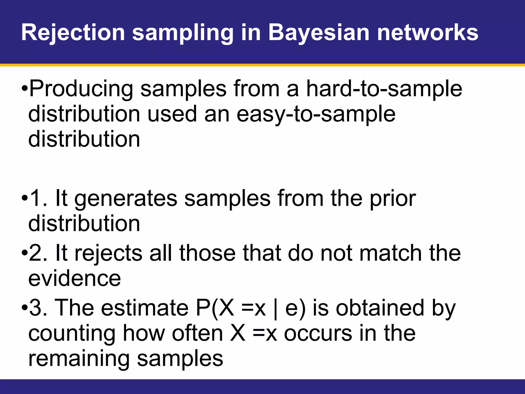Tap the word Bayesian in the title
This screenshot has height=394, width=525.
pyautogui.click(x=319, y=33)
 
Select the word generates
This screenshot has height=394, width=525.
pyautogui.click(x=126, y=199)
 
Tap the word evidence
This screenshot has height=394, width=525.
pyautogui.click(x=74, y=279)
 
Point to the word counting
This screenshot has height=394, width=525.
pyautogui.click(x=72, y=334)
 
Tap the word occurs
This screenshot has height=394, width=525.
pyautogui.click(x=318, y=334)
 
